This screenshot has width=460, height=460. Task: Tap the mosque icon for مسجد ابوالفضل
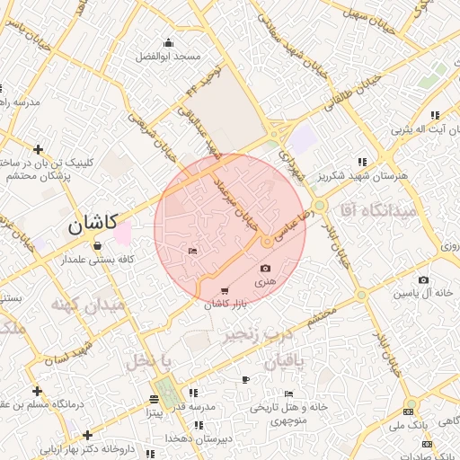pos(168,42)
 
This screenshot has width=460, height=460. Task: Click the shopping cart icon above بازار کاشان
pos(224,290)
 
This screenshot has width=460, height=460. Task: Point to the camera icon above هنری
pos(265,269)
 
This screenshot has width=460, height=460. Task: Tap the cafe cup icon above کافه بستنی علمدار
pos(96,245)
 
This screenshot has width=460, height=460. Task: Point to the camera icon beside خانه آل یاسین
pos(423,279)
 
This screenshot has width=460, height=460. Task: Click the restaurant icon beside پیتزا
pos(156,400)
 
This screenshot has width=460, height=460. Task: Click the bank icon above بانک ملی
pos(408,403)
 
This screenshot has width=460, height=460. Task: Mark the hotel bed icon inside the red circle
pos(193,252)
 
